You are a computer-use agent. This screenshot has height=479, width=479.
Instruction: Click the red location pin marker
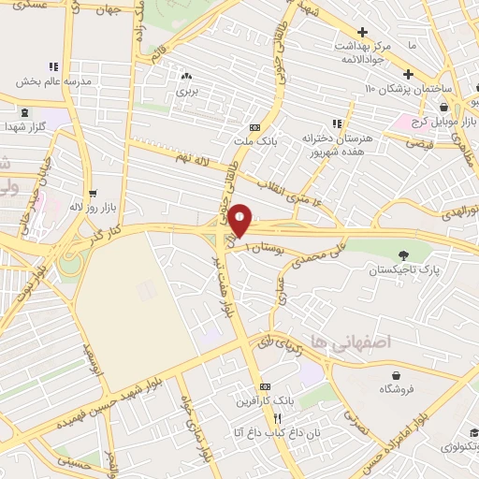[240, 219]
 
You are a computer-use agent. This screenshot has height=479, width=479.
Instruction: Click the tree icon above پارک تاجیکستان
[404, 254]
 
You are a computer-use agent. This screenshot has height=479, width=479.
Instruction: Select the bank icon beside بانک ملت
[254, 128]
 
